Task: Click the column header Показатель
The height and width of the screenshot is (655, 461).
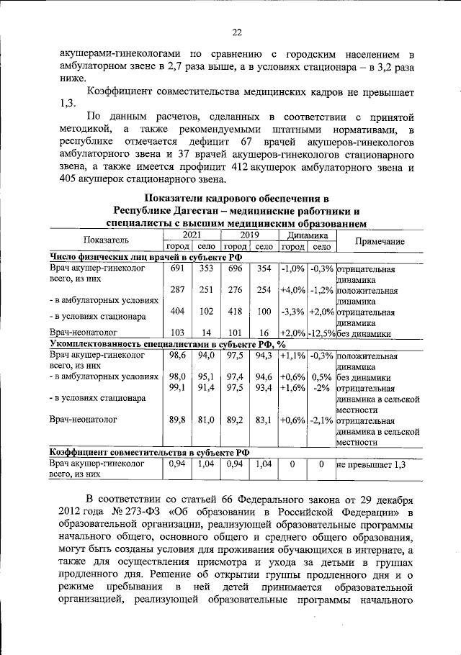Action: [x=105, y=240]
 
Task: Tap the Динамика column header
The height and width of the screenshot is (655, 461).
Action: [x=307, y=235]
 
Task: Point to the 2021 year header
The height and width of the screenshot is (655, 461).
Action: [x=191, y=235]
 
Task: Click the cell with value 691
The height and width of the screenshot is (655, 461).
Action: [x=176, y=268]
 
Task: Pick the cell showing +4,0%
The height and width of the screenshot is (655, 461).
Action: [x=292, y=290]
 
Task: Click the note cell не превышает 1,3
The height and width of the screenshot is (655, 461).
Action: [x=371, y=465]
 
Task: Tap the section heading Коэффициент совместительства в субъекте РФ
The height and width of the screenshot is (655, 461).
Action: [x=150, y=452]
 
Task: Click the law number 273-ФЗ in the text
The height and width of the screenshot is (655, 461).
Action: [x=143, y=512]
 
